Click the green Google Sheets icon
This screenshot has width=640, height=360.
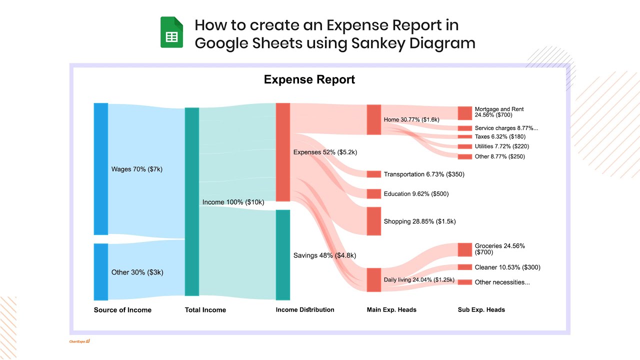coord(171,32)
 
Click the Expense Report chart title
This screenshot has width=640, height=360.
coord(309,79)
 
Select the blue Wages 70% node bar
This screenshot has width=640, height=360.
coord(101,168)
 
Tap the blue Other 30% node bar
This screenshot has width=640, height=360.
coord(101,271)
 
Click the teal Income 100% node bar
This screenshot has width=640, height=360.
coord(192,201)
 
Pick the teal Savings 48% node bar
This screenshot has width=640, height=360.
coord(283,254)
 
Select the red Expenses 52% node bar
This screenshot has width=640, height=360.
coord(283,152)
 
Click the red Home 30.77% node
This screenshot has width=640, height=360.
coord(374,119)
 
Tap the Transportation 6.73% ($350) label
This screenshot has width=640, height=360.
coord(424,174)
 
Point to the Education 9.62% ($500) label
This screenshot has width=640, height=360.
coord(416,194)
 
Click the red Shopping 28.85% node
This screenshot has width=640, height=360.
coord(374,221)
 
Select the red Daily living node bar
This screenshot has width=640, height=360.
coord(374,279)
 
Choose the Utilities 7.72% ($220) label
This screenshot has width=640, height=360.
coord(501,146)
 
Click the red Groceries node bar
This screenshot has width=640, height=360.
coord(465,249)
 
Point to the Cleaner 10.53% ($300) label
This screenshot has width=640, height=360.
coord(507,267)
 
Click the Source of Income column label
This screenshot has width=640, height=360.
coord(122,310)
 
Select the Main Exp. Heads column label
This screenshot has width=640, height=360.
coord(391,310)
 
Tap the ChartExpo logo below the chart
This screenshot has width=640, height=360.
coord(79,341)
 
